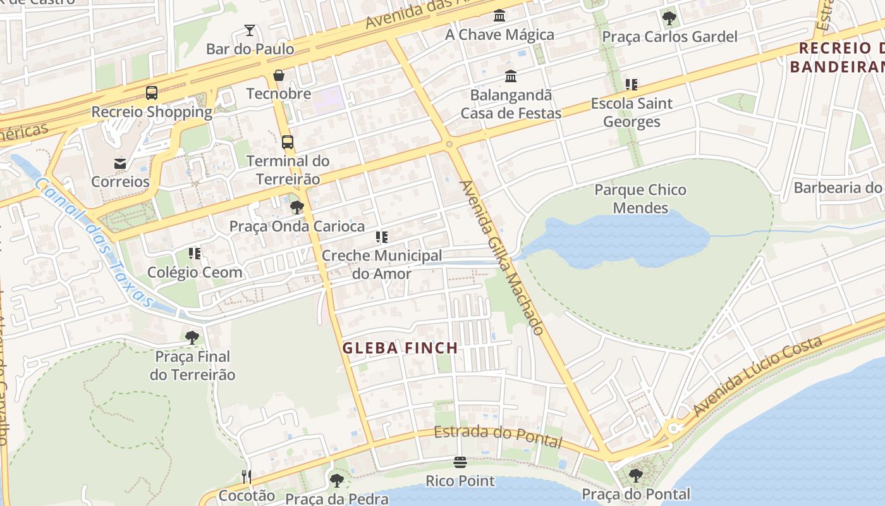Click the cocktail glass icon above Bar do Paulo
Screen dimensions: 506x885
(250, 30)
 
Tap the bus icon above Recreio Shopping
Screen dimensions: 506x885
(152, 93)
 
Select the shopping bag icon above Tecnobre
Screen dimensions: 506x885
(279, 75)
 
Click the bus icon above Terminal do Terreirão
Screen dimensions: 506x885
(288, 142)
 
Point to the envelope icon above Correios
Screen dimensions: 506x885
(120, 163)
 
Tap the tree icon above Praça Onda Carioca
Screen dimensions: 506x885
(296, 207)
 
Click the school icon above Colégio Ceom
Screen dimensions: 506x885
(195, 254)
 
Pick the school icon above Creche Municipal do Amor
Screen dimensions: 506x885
(381, 237)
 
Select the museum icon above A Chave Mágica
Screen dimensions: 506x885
(499, 15)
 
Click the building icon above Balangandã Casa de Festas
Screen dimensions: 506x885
(511, 77)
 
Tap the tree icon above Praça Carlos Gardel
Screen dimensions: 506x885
(669, 18)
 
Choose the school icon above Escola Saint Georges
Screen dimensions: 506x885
(631, 84)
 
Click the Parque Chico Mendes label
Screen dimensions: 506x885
(640, 199)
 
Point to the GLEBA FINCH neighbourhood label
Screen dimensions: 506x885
(400, 348)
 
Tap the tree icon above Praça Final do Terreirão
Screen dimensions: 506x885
(192, 337)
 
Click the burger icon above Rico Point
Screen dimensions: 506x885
(460, 462)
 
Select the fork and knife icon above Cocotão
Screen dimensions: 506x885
(247, 476)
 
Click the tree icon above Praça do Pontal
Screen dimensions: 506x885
(636, 474)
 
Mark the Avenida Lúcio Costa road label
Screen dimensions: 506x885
(758, 377)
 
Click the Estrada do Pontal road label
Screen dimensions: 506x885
(498, 436)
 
